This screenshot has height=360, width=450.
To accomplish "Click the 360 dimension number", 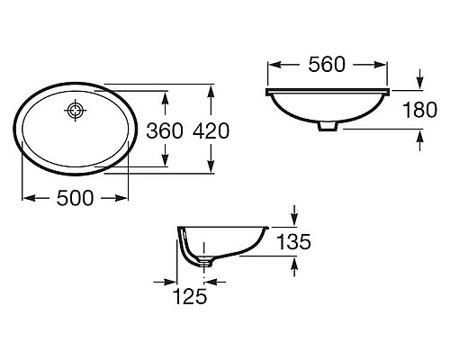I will click(x=166, y=130).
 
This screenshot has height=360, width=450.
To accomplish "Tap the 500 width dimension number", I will click(x=76, y=199).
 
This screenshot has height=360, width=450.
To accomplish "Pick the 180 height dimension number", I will click(x=420, y=110).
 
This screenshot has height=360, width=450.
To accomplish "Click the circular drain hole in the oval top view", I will click(x=76, y=112).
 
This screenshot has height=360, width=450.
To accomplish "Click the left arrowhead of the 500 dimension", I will click(x=27, y=199).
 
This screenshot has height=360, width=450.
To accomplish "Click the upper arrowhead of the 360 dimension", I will click(x=166, y=95).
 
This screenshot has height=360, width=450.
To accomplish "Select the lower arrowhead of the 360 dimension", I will click(x=166, y=162).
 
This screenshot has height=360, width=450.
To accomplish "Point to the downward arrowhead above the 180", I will click(x=420, y=84).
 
